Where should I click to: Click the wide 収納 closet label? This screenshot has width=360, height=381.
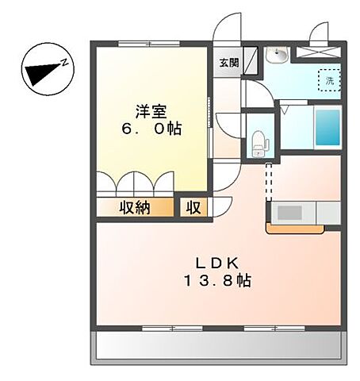[x=135, y=208]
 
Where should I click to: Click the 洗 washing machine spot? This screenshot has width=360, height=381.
[x=327, y=79]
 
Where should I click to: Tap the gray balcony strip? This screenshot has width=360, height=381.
[x=220, y=346]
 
